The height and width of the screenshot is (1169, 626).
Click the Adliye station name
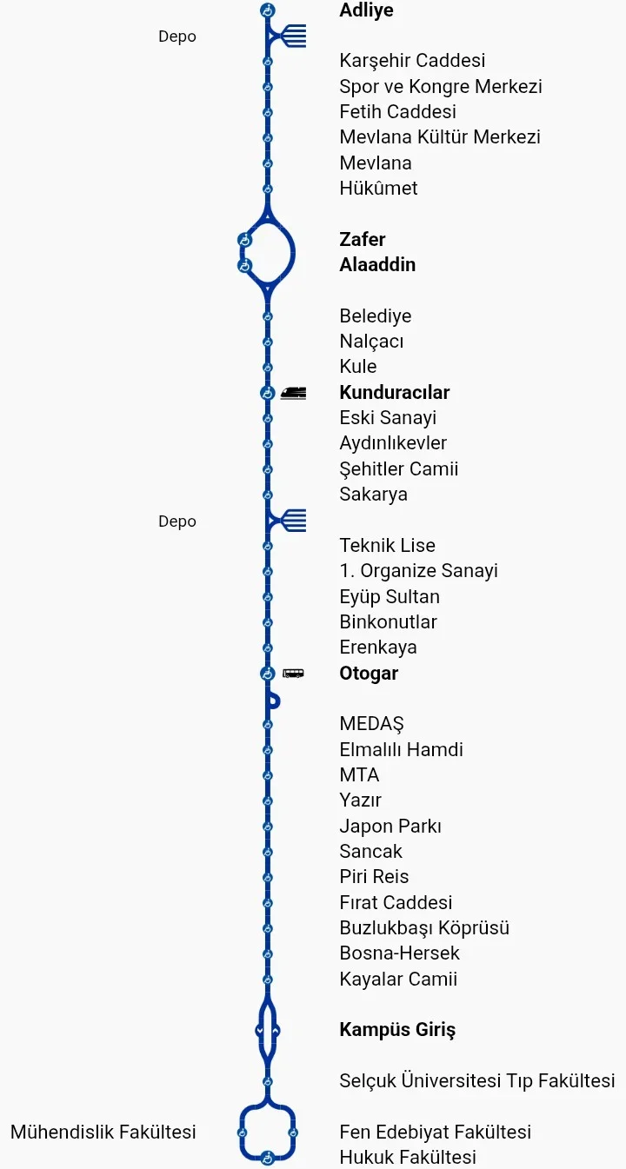click(366, 10)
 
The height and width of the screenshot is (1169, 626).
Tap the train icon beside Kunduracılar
click(293, 393)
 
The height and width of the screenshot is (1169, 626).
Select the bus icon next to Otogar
click(293, 673)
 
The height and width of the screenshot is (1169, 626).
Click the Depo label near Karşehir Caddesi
click(177, 37)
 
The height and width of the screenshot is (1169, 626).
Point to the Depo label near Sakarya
click(177, 521)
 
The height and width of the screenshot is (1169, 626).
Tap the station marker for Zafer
click(244, 239)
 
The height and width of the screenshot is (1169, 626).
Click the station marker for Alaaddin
click(244, 265)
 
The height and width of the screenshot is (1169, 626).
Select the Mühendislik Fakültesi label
click(103, 1132)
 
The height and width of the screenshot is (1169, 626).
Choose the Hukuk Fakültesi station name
click(408, 1157)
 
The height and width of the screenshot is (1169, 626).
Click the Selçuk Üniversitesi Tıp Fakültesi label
click(477, 1080)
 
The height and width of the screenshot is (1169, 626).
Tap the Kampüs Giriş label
click(397, 1030)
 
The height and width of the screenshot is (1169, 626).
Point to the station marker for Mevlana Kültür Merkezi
click(268, 137)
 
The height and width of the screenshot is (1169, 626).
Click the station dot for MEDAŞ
click(268, 724)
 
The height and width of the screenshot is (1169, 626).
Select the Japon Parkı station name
click(390, 826)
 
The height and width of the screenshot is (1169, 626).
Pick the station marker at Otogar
click(268, 674)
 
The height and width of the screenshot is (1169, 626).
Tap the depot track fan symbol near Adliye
click(290, 36)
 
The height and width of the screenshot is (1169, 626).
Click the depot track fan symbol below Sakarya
click(290, 521)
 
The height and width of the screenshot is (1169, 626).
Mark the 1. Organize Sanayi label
click(418, 571)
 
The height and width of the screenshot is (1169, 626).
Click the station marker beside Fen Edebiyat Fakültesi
click(294, 1132)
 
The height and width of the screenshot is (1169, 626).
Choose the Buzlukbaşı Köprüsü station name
click(424, 927)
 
